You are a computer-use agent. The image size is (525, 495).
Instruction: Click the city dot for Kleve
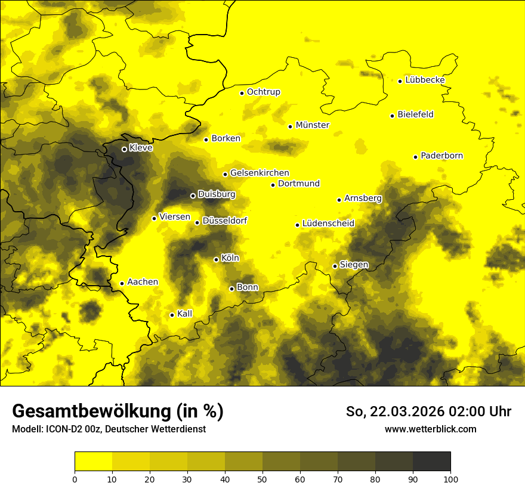(124, 149)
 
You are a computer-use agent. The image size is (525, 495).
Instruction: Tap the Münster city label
(312, 125)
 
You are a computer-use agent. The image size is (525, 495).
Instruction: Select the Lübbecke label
(425, 80)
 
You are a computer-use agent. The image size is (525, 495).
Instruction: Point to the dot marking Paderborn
(416, 157)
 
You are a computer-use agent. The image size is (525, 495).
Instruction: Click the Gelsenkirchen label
(260, 173)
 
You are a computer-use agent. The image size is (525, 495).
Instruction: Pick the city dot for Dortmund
(273, 185)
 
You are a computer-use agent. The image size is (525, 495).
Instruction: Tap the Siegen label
(354, 265)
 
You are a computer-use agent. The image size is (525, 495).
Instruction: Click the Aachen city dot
(122, 283)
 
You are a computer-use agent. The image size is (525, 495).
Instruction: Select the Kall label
(184, 314)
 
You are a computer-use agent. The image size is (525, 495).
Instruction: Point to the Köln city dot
(216, 259)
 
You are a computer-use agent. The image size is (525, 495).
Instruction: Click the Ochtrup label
(263, 92)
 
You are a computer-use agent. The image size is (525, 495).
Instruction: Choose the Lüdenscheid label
(328, 224)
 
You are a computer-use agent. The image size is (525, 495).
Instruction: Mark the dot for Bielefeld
(393, 116)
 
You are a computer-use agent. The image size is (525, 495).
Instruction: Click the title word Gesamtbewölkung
(89, 411)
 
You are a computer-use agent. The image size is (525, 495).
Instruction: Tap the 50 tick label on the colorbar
(262, 478)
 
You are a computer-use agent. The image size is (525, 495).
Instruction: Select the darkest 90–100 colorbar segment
(431, 461)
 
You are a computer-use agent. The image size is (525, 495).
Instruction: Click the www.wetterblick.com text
(430, 429)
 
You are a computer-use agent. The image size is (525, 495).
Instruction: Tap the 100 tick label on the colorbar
(450, 478)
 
